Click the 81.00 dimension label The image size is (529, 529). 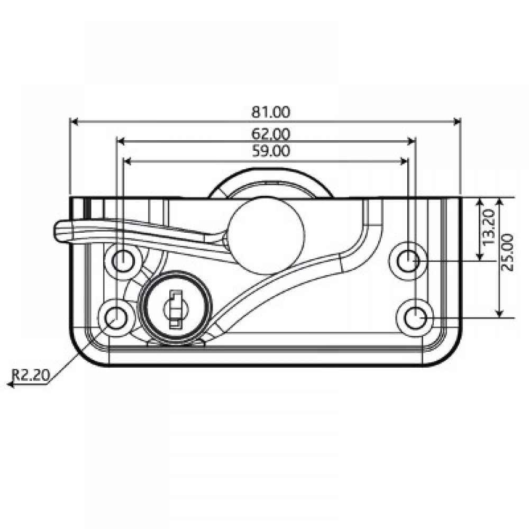[271, 112]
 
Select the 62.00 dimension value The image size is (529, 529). [271, 133]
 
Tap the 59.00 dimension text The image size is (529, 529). [271, 151]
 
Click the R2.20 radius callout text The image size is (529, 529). [31, 375]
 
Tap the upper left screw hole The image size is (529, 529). [123, 259]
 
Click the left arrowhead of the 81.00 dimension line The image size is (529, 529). [74, 122]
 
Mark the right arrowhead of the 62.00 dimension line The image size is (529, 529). [412, 141]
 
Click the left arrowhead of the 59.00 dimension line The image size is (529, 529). [126, 161]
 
